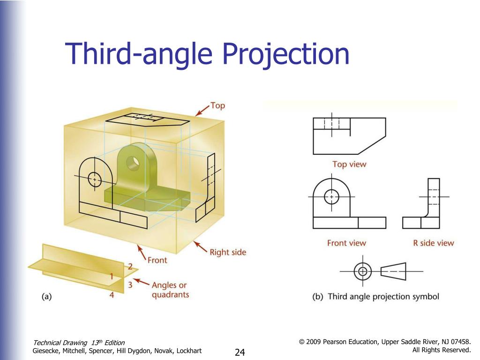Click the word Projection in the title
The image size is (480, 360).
tap(285, 54)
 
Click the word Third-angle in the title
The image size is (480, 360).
tap(139, 54)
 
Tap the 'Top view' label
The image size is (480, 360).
tap(349, 165)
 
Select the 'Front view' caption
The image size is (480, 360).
tap(346, 243)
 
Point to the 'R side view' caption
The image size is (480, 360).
tap(434, 243)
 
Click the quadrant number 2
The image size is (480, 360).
tap(130, 266)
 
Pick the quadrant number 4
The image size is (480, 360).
tap(112, 295)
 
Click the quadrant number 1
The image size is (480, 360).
tap(112, 277)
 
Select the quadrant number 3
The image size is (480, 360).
tap(130, 285)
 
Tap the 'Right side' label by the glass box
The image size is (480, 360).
tap(228, 252)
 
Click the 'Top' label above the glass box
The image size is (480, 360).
tap(217, 105)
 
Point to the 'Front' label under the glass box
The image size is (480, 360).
tap(157, 260)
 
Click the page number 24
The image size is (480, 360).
tap(240, 352)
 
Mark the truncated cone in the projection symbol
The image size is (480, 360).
tap(393, 271)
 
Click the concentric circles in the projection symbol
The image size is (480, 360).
tap(363, 271)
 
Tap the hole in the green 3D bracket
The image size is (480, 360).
tap(133, 161)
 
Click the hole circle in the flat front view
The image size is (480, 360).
tap(331, 196)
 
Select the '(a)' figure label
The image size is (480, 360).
tap(46, 296)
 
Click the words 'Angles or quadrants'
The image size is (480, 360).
tap(170, 290)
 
